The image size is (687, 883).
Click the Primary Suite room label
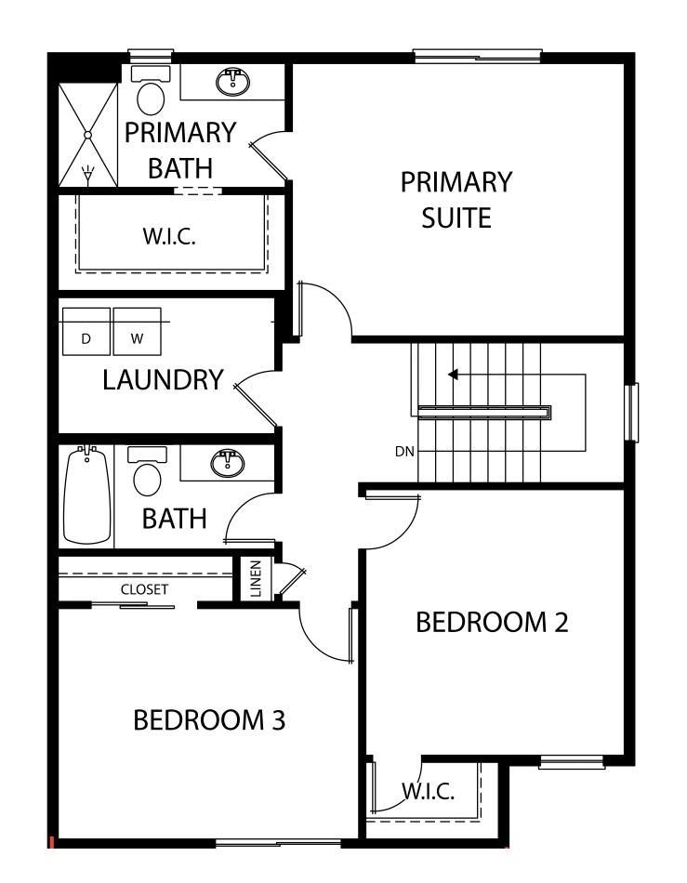pos(456,200)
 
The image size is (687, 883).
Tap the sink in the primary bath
pos(232,82)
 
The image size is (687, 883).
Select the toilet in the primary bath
pos(151,90)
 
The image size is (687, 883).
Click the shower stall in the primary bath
pos(87,135)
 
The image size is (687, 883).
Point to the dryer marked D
pos(86,332)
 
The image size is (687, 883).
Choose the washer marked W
pos(138,332)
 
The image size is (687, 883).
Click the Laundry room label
pos(164,379)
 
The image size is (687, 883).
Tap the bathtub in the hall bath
pos(86,494)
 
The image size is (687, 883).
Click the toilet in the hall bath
pos(148,472)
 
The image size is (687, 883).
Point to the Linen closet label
pos(257,578)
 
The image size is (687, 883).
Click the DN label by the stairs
pos(405,451)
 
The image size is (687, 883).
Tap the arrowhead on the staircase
pos(453,375)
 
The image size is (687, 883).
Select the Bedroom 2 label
pos(492,622)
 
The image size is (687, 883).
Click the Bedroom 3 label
pos(209,720)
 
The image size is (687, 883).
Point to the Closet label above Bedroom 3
pos(144,589)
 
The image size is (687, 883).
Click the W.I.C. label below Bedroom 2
pos(428,791)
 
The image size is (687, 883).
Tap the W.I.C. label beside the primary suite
pos(169,236)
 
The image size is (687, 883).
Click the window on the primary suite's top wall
pos(478,56)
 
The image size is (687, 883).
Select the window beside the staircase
pos(632,412)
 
